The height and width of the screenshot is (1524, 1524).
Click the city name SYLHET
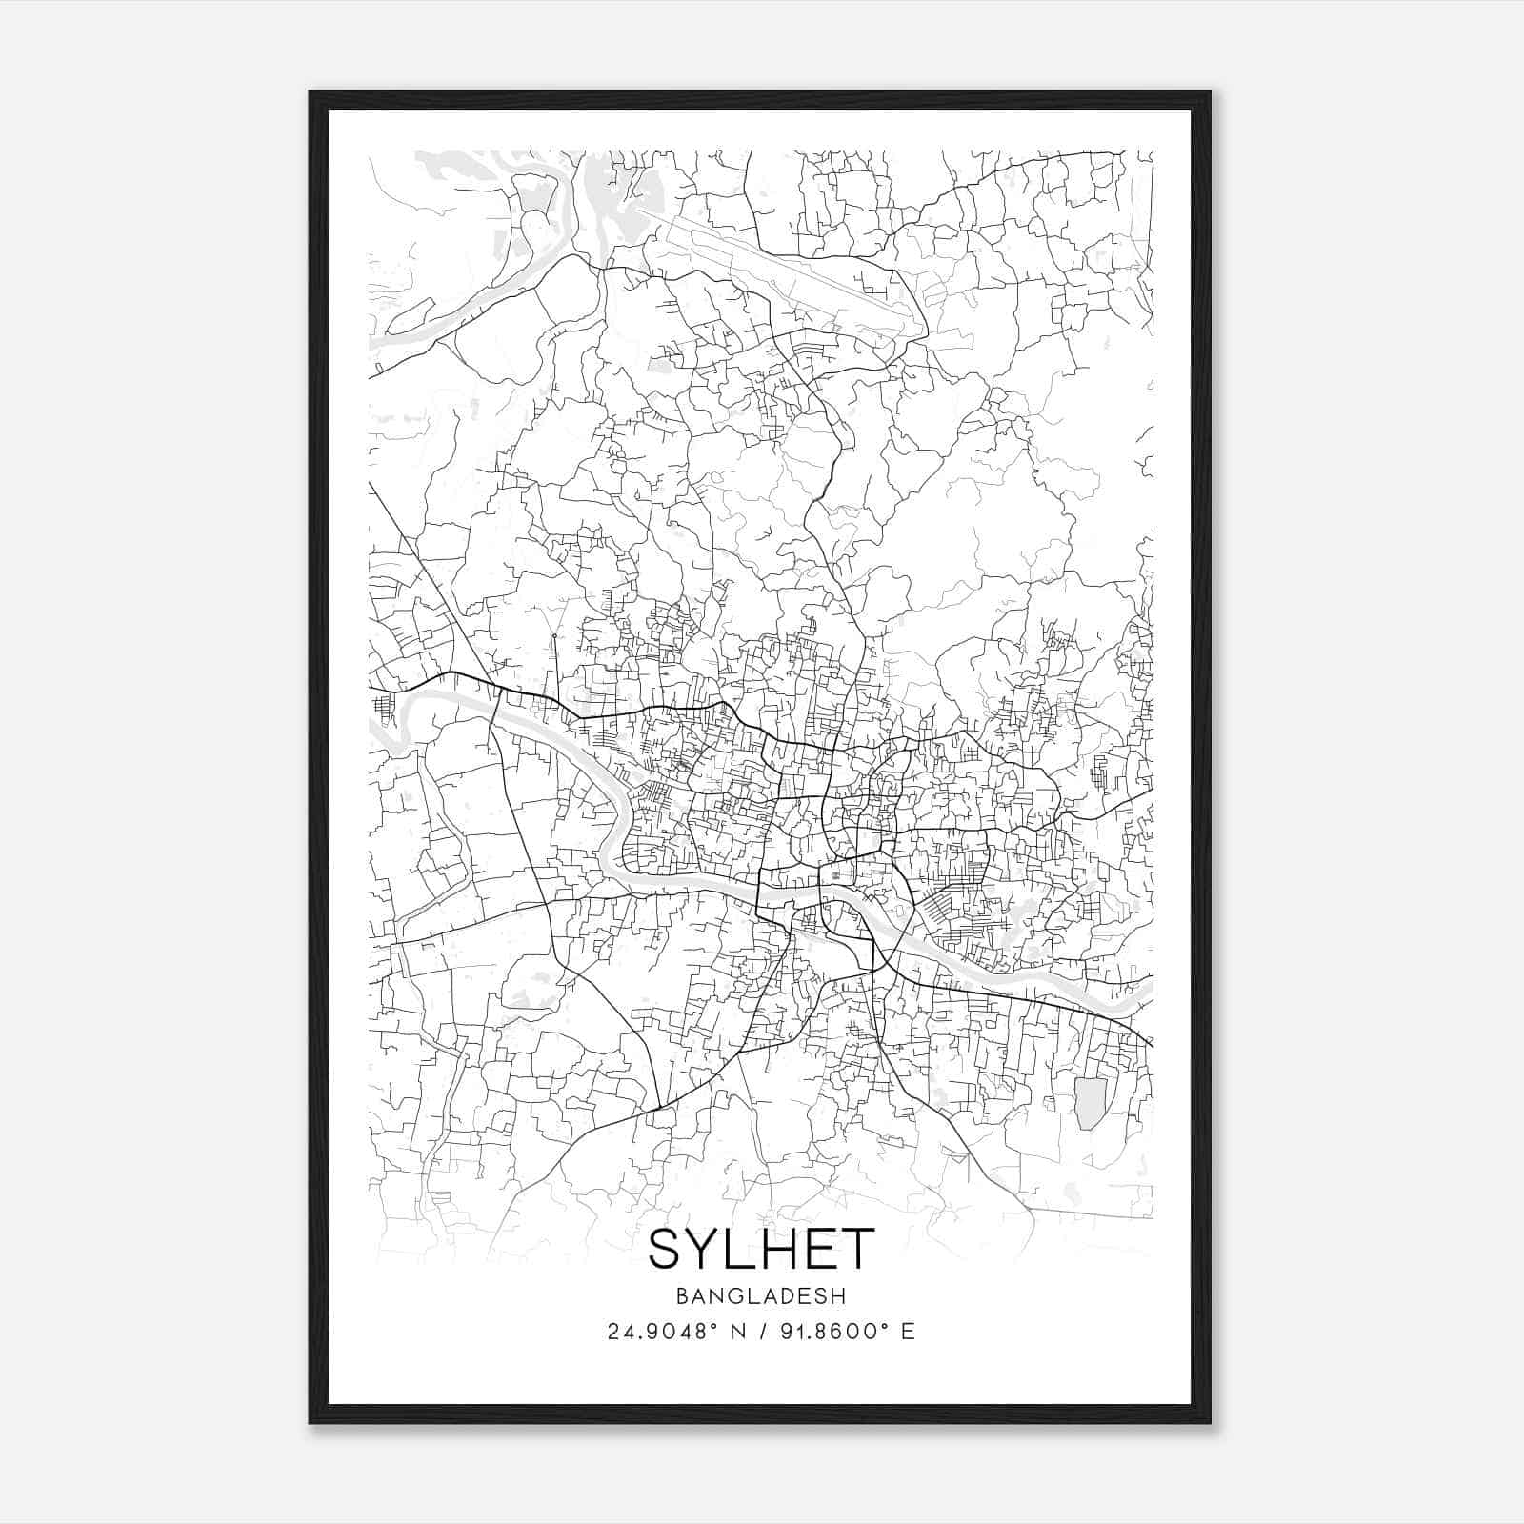[761, 1250]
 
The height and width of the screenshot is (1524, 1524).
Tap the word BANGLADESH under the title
[761, 1295]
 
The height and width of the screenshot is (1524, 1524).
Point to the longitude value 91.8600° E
[839, 1332]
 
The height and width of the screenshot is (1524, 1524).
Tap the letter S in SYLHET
[665, 1250]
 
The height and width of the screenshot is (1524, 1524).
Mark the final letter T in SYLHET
[857, 1250]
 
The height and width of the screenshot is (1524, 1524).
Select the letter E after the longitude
[909, 1332]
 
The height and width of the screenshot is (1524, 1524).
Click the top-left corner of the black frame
[311, 93]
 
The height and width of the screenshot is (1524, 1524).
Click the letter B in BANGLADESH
[681, 1295]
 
